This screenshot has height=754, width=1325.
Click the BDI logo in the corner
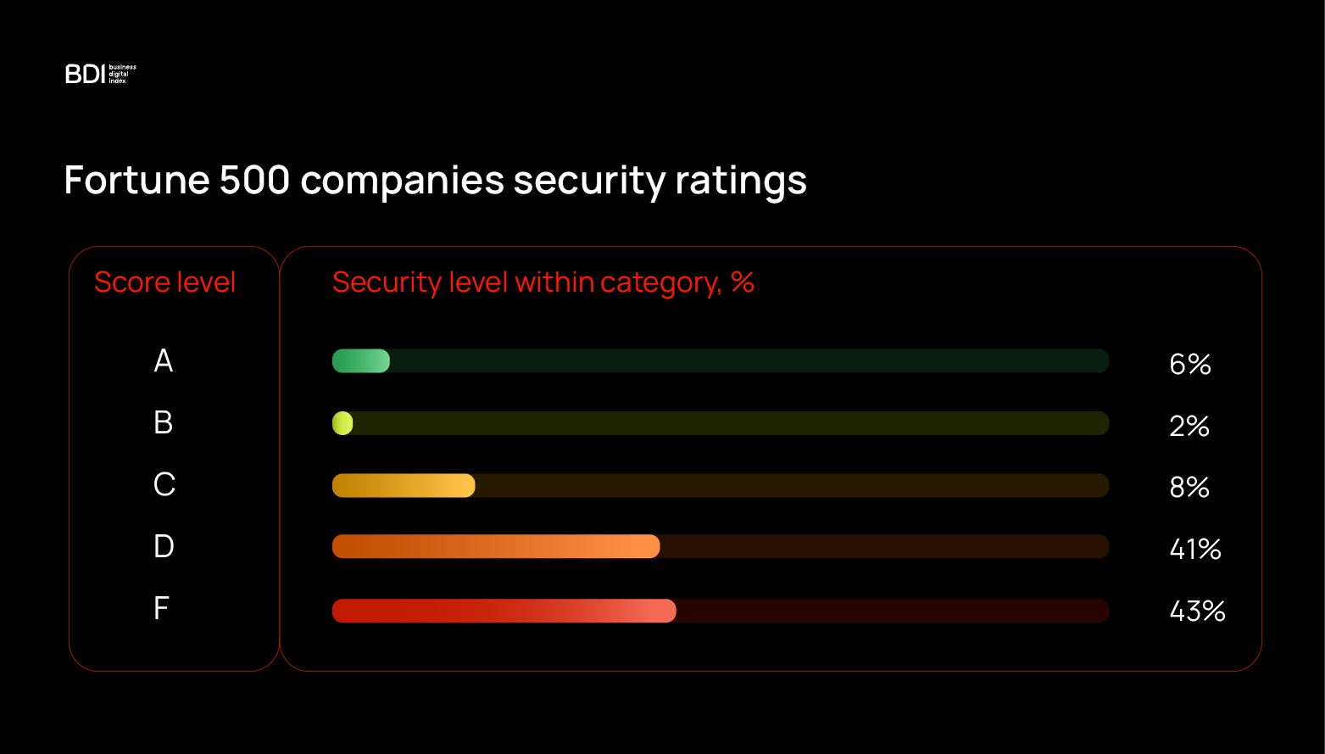[x=100, y=75]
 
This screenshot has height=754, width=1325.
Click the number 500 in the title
[x=254, y=181]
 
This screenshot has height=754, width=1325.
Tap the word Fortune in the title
[x=136, y=181]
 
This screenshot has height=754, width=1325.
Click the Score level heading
[x=164, y=282]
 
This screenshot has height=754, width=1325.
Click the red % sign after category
[x=743, y=282]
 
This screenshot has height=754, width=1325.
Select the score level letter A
[x=164, y=361]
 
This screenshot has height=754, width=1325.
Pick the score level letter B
[x=164, y=422]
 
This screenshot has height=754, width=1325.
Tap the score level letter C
[x=164, y=485]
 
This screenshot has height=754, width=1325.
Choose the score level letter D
[x=164, y=546]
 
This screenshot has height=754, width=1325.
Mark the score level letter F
[x=161, y=608]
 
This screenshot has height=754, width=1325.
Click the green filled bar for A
[x=361, y=361]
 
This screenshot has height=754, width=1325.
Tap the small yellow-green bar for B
[x=342, y=423]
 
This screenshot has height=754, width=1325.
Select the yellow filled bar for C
[x=404, y=486]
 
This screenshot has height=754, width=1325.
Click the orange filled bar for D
[x=496, y=547]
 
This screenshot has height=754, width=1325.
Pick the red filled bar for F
[x=504, y=611]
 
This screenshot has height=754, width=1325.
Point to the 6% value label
[x=1190, y=364]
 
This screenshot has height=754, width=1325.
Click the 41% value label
[x=1195, y=550]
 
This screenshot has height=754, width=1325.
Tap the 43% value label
[x=1197, y=611]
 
